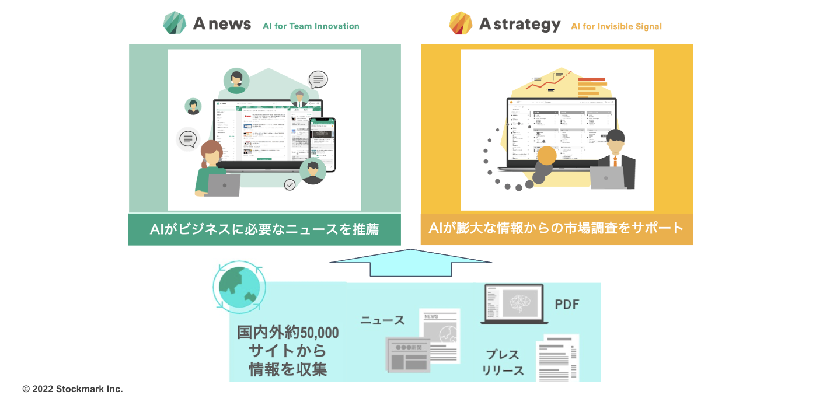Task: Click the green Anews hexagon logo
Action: coord(175,23)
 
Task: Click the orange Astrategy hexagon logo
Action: coord(461,23)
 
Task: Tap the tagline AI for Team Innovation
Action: coord(311,26)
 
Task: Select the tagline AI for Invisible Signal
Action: coord(616,26)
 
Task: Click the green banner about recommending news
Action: coord(264,229)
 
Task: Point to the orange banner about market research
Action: coord(556,228)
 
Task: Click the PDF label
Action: coord(567,305)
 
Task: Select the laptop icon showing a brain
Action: coord(514,304)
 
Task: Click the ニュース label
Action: coord(382,320)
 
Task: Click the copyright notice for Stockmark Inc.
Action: coord(73,389)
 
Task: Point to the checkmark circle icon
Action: coord(290,185)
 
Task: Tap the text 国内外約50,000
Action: coord(288,333)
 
